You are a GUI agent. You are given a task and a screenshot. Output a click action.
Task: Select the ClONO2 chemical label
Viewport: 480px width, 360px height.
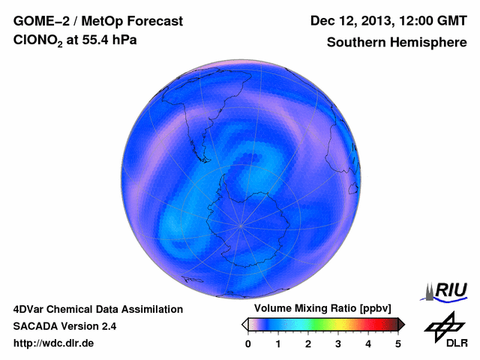point(42,43)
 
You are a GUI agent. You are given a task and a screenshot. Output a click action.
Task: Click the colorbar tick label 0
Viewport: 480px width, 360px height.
point(248,343)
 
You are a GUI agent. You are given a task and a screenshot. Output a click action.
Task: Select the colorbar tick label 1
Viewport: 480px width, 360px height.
point(278,343)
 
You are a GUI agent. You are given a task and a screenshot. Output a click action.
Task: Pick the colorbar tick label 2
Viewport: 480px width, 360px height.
point(308,343)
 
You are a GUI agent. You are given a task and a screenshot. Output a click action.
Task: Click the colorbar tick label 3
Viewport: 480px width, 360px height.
point(338,343)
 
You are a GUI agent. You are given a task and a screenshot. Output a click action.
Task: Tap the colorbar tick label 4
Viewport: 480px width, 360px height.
point(368,343)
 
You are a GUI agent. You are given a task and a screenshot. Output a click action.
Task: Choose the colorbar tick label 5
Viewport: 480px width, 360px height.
point(398,343)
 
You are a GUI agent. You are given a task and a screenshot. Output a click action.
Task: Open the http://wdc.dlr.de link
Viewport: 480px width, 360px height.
point(54,343)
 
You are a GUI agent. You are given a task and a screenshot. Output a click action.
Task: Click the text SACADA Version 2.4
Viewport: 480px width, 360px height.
point(64,326)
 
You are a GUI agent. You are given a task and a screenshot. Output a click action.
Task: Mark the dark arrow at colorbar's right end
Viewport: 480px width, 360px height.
point(400,324)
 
